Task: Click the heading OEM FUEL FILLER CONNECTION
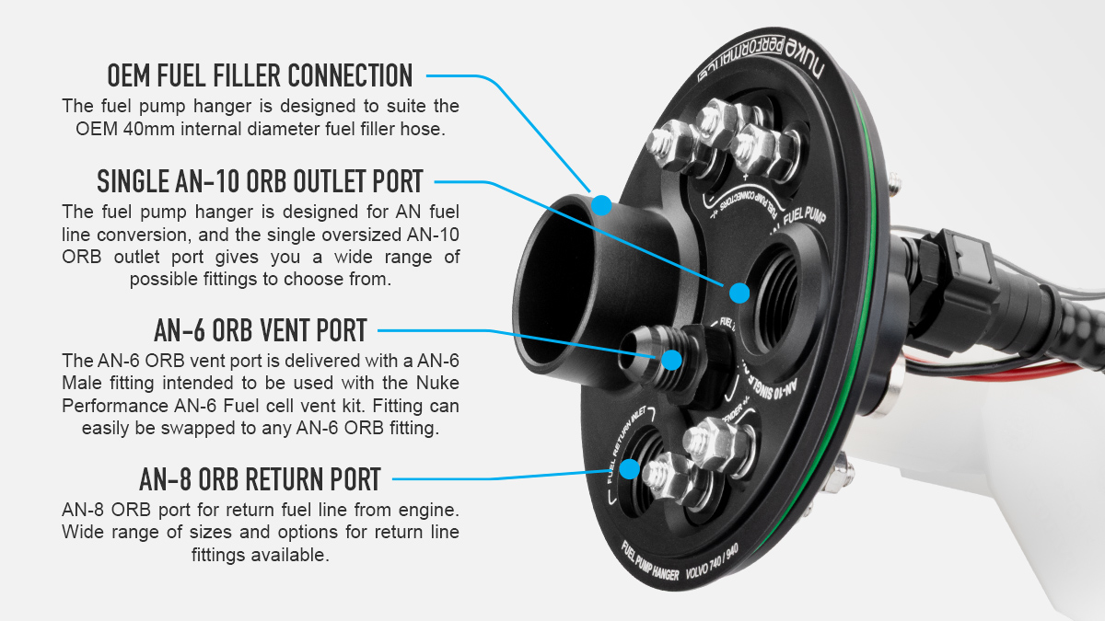pos(260,75)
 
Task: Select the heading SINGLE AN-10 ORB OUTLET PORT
pos(260,180)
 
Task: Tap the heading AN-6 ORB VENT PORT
pos(261,329)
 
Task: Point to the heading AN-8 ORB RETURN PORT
pos(261,478)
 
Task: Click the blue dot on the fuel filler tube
pos(601,204)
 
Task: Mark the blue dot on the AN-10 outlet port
pos(739,293)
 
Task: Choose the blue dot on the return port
pos(629,468)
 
